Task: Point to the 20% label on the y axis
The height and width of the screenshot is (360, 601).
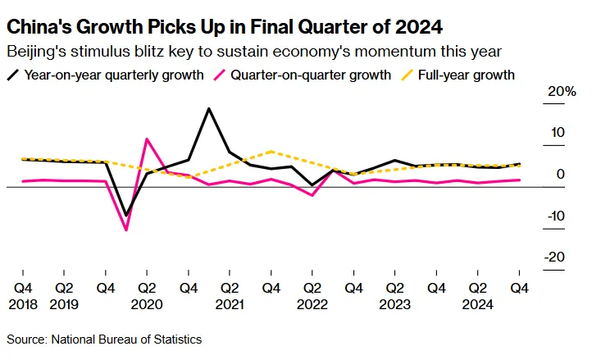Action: [x=563, y=92]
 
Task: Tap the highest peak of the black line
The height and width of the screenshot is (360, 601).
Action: [x=209, y=108]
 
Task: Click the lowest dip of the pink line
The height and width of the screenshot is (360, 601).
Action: [x=126, y=230]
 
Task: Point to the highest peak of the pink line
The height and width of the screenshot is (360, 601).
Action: [x=147, y=139]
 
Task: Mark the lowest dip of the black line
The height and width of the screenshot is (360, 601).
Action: [x=126, y=216]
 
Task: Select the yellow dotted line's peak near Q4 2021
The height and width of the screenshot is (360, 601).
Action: [x=271, y=152]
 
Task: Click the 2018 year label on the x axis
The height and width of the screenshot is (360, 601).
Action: [x=21, y=303]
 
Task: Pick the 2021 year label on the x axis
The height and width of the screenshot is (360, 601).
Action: [x=230, y=303]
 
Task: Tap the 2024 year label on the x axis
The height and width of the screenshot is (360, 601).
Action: [x=478, y=303]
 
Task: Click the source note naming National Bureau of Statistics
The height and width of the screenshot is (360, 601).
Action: [x=104, y=339]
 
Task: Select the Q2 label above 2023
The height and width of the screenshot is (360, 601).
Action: [x=395, y=288]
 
